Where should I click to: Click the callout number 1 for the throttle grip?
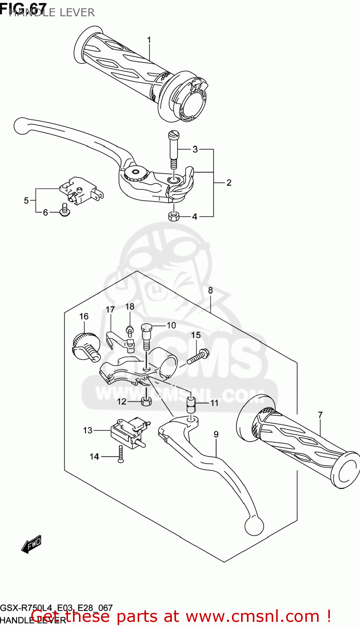pos(149,40)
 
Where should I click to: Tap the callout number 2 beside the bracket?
pos(229,182)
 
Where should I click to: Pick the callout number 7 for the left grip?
pos(320,415)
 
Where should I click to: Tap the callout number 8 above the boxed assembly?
pos(210,290)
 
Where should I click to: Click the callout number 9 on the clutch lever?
pos(216,434)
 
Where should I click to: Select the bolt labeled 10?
pos(146,334)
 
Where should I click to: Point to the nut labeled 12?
pos(146,401)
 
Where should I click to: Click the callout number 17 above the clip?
pos(110,310)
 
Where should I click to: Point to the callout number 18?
pos(130,307)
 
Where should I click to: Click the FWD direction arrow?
pos(32,544)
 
